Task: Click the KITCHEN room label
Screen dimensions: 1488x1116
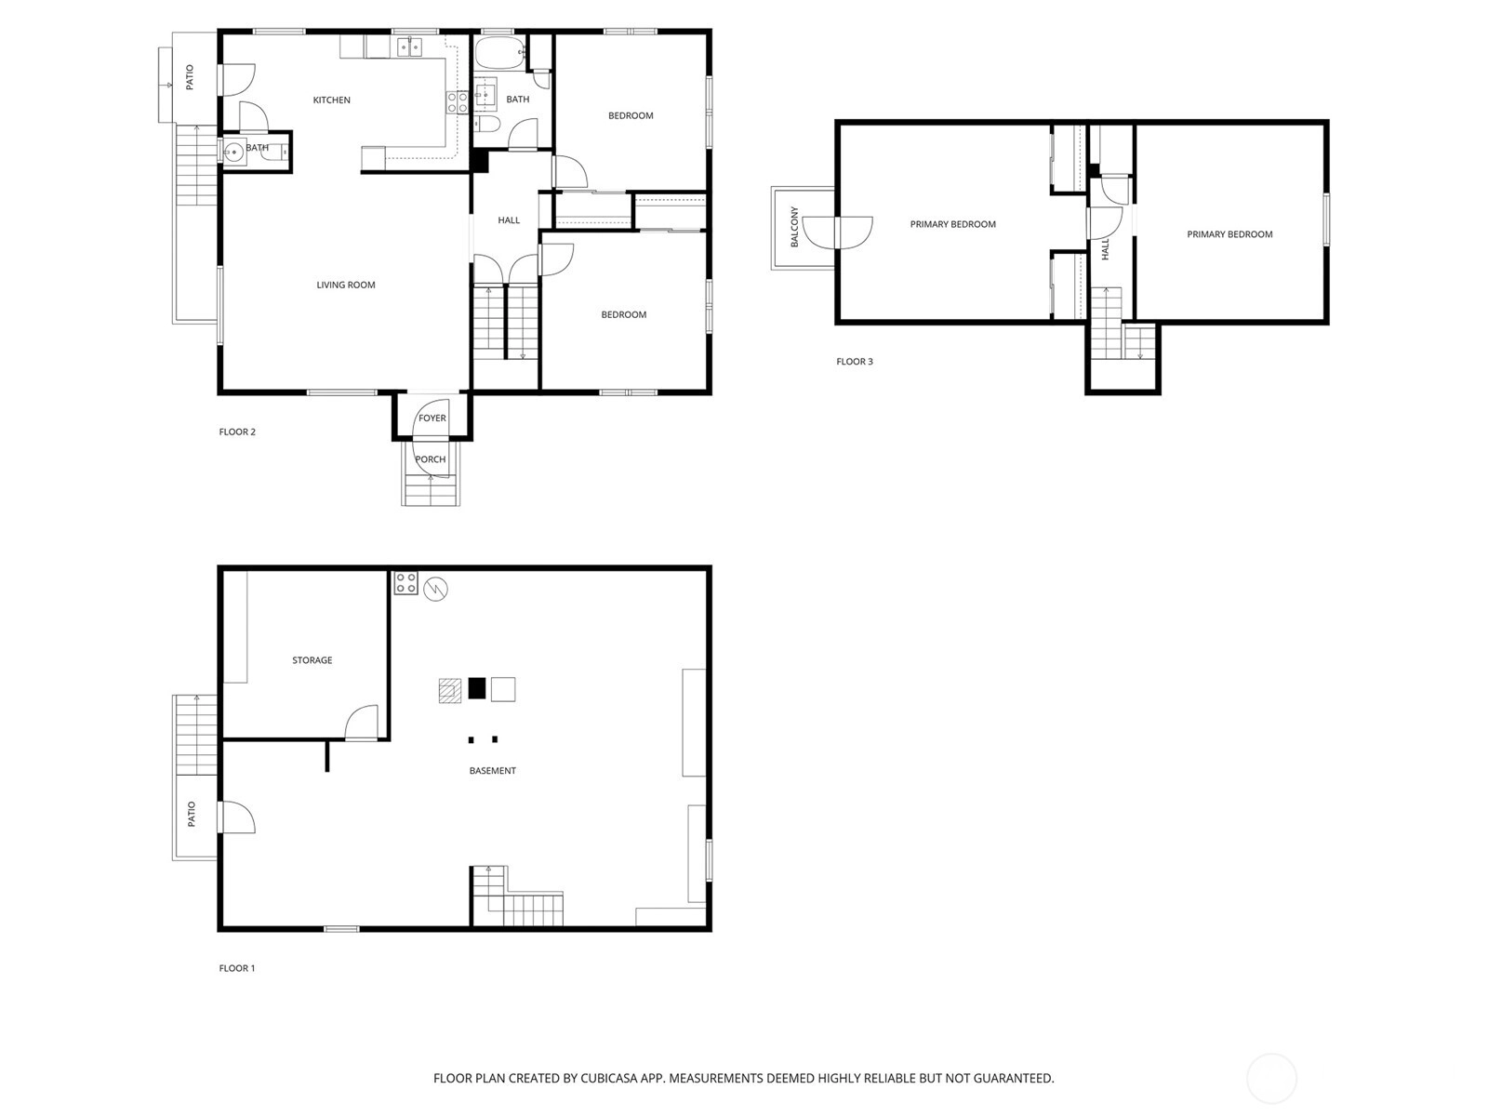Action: (331, 100)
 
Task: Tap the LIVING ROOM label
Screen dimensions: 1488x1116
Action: (346, 286)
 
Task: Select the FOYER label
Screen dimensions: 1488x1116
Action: (432, 418)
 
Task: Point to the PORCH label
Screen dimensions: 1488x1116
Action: (431, 459)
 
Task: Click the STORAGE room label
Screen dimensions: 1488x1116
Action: (312, 660)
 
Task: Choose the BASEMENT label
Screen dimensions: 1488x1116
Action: (493, 770)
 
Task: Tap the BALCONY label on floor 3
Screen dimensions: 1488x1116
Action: (794, 227)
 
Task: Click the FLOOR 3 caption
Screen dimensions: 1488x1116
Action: (855, 362)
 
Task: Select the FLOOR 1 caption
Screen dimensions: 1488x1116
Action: (237, 968)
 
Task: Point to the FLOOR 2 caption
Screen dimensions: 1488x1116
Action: (237, 432)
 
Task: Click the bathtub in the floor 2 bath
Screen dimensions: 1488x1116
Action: (499, 53)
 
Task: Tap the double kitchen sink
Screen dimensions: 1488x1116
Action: (409, 46)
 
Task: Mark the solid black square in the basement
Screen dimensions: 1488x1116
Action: (477, 688)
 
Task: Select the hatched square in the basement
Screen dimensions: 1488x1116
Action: (450, 690)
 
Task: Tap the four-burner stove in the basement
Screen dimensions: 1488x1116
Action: (406, 583)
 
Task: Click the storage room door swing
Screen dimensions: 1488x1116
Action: (362, 723)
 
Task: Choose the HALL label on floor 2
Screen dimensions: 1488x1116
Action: (509, 220)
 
